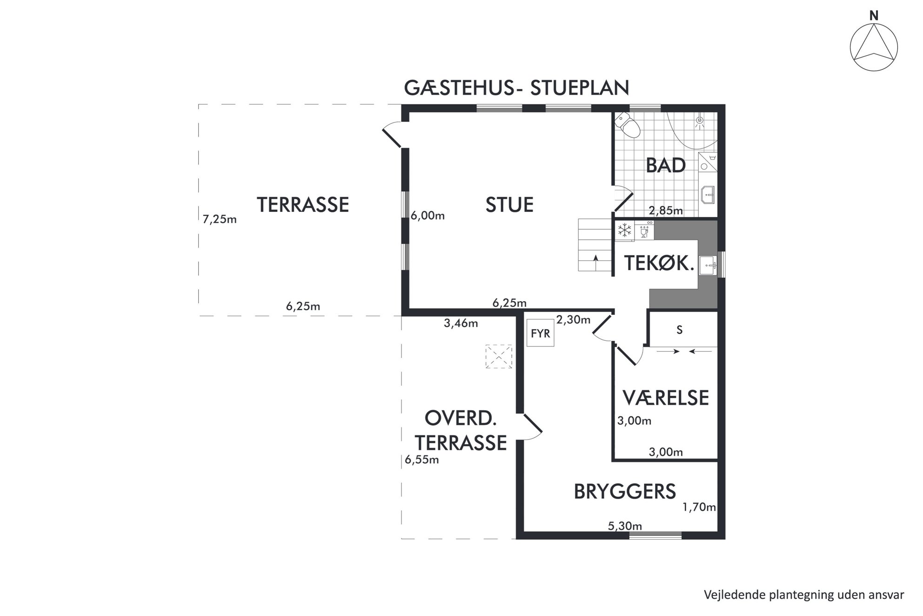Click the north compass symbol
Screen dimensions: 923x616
(874, 47)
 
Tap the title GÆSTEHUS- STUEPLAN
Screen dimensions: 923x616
(516, 88)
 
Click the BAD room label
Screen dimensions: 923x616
(666, 165)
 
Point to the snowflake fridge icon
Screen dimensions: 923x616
(624, 230)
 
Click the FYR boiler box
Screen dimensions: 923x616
(540, 333)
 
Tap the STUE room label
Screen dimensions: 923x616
(509, 205)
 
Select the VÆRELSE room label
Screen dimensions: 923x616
(666, 398)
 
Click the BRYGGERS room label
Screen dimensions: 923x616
(624, 492)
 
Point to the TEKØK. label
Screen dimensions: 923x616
(659, 264)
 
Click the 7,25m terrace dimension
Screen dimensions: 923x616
(220, 219)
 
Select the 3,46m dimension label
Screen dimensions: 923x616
(461, 323)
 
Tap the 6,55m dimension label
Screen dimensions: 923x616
(421, 460)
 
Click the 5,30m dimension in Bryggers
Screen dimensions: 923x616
(625, 526)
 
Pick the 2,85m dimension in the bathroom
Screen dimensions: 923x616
(666, 210)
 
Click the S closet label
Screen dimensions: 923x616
(679, 330)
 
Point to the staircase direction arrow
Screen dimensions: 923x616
(595, 263)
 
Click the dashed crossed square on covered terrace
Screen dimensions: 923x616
(499, 357)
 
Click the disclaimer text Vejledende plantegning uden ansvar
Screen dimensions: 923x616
(804, 595)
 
